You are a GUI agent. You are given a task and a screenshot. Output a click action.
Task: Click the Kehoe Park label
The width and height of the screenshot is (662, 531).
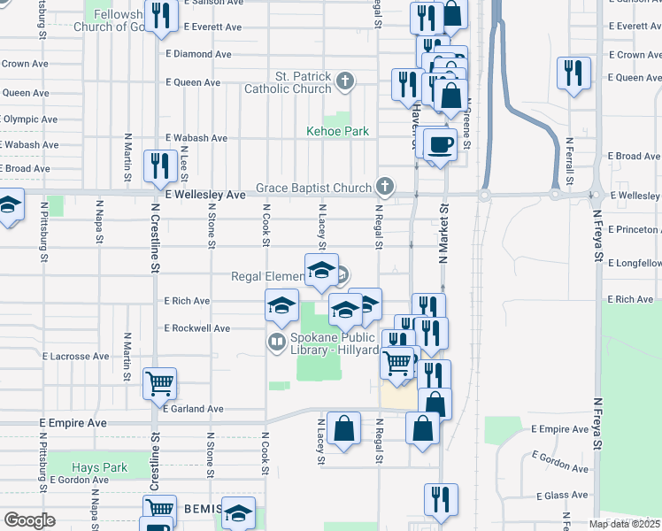pyautogui.click(x=336, y=131)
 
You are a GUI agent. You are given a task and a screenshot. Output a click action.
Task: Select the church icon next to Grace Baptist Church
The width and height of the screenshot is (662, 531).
pyautogui.click(x=383, y=187)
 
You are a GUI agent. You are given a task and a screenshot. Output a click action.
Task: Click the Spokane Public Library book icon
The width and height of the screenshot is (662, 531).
pyautogui.click(x=277, y=340)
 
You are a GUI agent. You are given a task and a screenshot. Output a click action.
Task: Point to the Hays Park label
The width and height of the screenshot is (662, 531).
pyautogui.click(x=99, y=467)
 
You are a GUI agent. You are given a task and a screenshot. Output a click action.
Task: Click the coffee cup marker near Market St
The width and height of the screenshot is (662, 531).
pyautogui.click(x=440, y=143)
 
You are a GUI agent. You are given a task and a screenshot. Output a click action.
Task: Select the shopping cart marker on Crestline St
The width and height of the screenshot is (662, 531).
pyautogui.click(x=160, y=383)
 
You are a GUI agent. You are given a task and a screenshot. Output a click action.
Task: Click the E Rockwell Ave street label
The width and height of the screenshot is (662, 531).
pyautogui.click(x=197, y=328)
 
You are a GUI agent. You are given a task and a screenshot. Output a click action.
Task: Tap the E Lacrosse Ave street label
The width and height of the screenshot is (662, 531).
pyautogui.click(x=76, y=356)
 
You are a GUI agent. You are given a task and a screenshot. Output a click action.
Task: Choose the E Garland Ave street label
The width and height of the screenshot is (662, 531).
pyautogui.click(x=192, y=409)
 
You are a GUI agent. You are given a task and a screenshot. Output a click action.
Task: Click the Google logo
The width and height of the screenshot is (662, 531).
pyautogui.click(x=29, y=519)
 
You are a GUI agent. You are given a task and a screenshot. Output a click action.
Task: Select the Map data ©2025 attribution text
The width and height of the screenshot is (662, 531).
pyautogui.click(x=624, y=524)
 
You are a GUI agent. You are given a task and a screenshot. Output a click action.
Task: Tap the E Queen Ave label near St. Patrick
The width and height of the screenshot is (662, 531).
pyautogui.click(x=194, y=82)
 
